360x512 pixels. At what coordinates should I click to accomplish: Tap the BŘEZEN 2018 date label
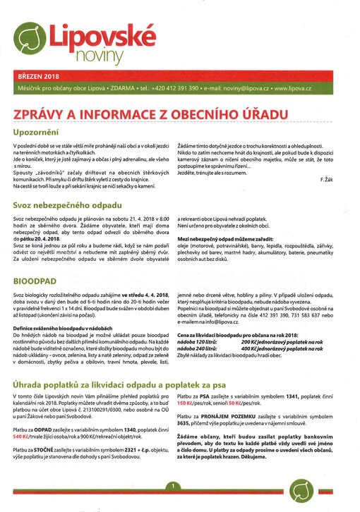(x=37, y=75)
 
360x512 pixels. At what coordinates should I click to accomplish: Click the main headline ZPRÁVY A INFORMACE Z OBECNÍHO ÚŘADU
(x=152, y=114)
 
